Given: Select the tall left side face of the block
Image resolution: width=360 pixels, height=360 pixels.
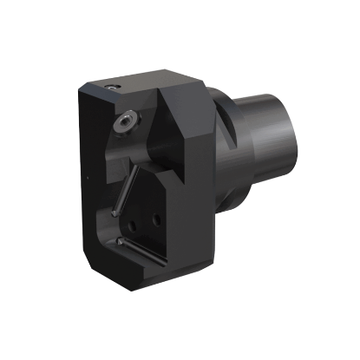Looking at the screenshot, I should tap(95, 182).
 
